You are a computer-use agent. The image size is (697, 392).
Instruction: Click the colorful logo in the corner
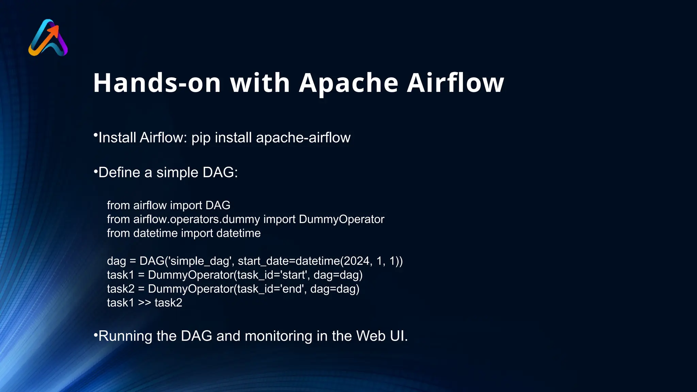(48, 38)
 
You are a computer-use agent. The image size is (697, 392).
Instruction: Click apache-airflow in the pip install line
(303, 138)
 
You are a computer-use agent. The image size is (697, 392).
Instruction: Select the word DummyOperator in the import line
(341, 219)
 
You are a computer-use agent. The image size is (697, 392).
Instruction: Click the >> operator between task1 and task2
(145, 303)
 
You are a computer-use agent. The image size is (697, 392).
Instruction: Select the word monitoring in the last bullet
(278, 336)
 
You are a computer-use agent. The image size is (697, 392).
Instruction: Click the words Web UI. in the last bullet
(382, 336)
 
